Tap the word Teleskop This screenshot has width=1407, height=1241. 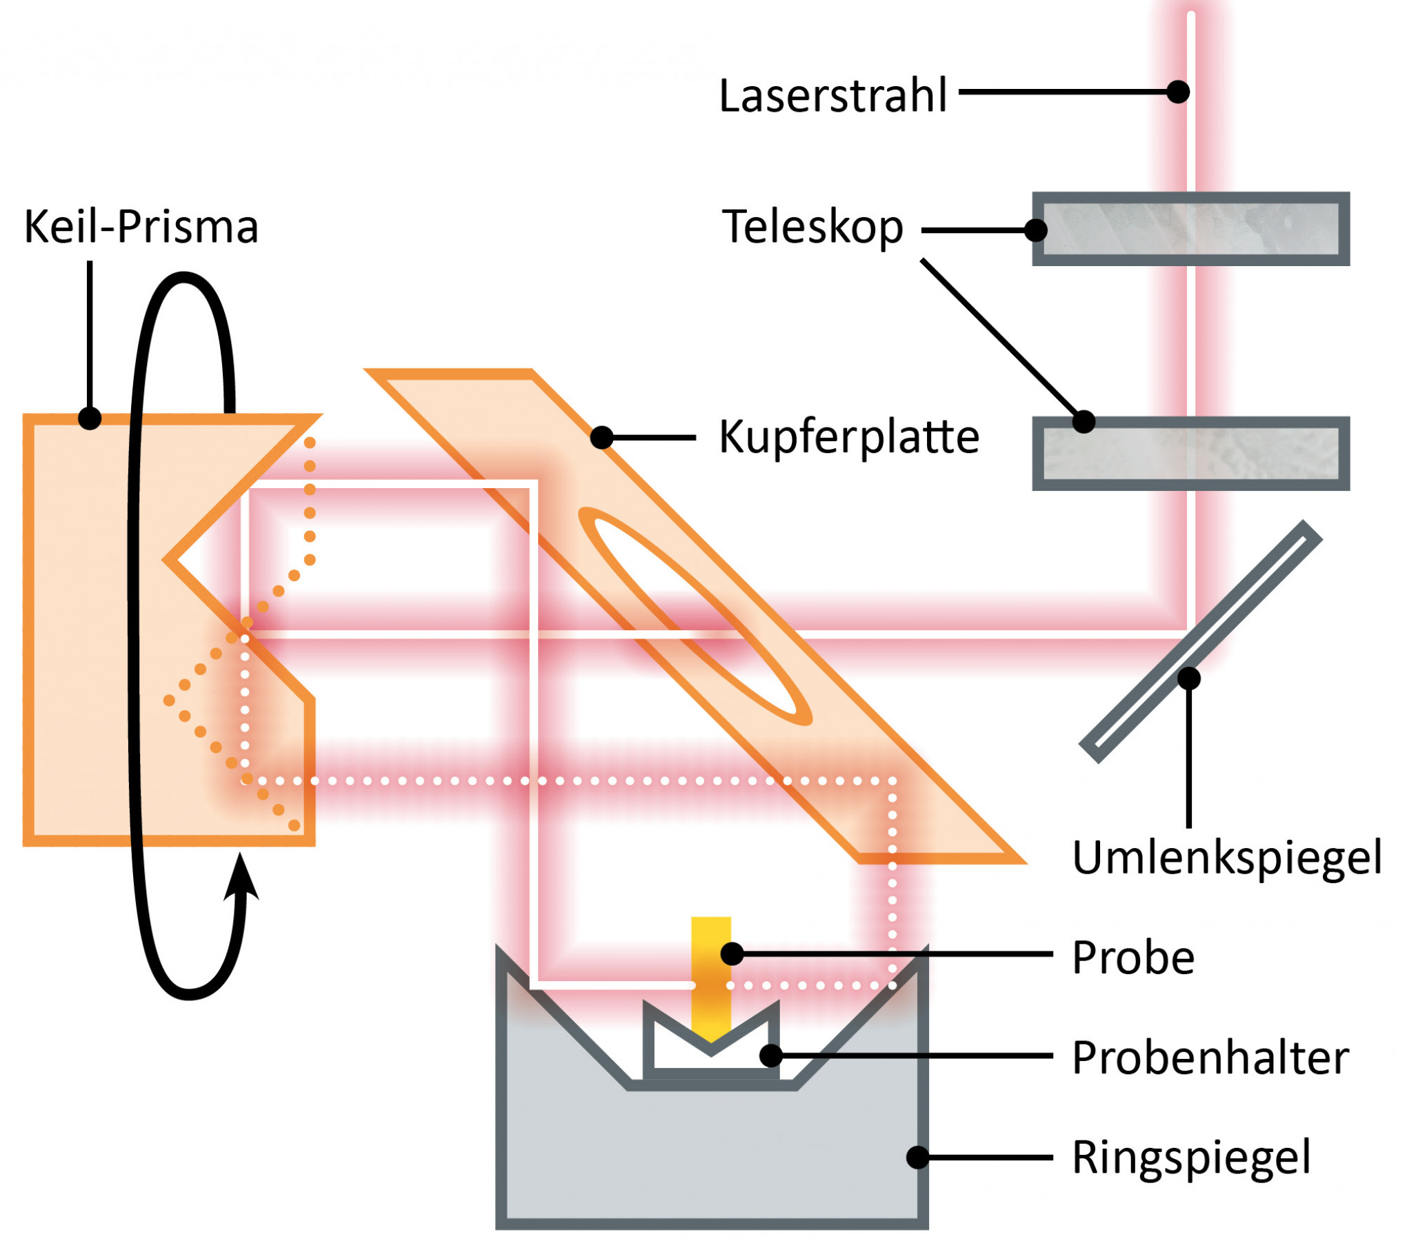coord(812,227)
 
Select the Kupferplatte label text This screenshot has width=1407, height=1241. coord(849,437)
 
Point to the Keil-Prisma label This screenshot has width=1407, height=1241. coord(141,227)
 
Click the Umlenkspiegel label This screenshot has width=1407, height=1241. coord(1227,858)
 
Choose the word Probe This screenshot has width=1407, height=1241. coord(1133,958)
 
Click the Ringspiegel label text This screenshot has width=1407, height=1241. coord(1191,1158)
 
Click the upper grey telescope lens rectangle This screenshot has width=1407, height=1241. coord(1190,229)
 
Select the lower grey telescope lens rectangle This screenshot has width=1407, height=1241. coord(1190,453)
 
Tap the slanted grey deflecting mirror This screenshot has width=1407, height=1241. coord(1201,642)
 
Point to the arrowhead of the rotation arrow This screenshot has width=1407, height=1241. coord(241,879)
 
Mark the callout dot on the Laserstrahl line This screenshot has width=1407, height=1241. coord(1178,92)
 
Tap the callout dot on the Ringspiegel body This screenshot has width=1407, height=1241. coord(917,1158)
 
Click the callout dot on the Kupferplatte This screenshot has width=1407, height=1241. coord(602,437)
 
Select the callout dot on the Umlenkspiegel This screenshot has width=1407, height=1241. coord(1189,679)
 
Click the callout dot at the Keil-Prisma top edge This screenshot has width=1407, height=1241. coord(90,418)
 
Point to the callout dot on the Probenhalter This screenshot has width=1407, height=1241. coord(770,1056)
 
